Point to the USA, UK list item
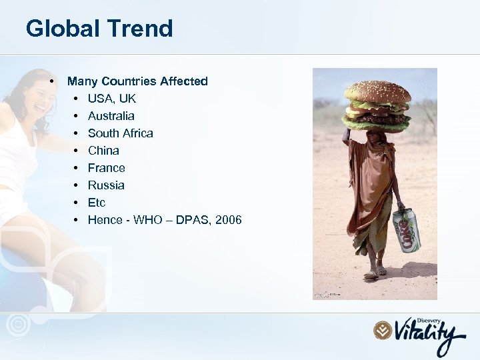click(x=111, y=99)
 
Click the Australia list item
click(x=111, y=116)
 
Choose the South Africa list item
click(x=120, y=133)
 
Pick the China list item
click(x=103, y=151)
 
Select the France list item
click(x=106, y=168)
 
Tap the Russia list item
click(x=106, y=185)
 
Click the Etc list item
click(x=97, y=203)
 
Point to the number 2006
click(x=228, y=220)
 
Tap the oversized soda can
click(x=406, y=230)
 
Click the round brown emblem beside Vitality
click(x=382, y=330)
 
